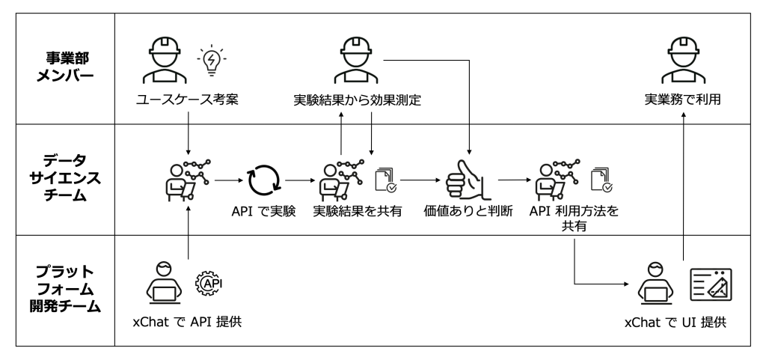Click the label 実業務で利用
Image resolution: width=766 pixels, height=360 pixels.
tap(683, 100)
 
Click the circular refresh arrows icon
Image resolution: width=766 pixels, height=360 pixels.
tap(266, 180)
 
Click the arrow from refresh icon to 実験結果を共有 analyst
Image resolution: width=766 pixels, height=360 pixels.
tap(298, 180)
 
